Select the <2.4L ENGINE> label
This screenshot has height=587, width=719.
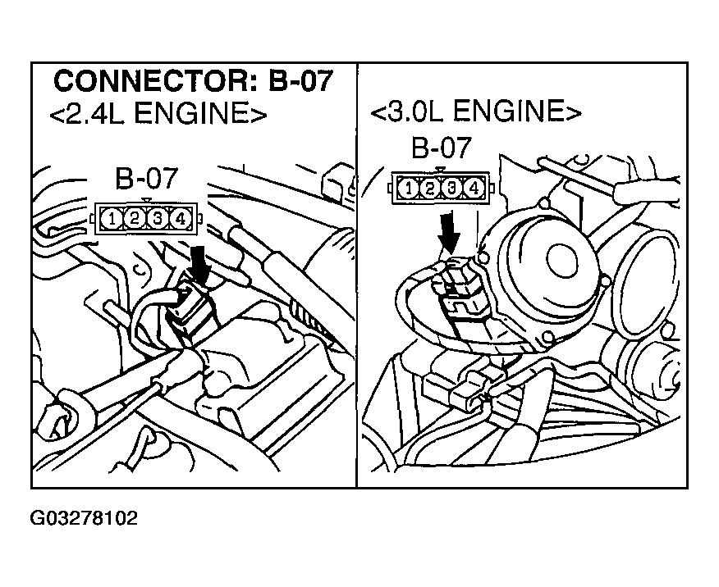point(158,114)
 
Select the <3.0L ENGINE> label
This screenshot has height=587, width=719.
point(476,111)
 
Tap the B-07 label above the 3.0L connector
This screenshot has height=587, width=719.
point(442,148)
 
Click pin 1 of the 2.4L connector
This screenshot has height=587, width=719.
point(111,218)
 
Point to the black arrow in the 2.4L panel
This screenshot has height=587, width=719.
point(198,265)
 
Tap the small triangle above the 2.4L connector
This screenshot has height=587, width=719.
point(146,200)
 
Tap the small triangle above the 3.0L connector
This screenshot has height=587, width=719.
point(441,170)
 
